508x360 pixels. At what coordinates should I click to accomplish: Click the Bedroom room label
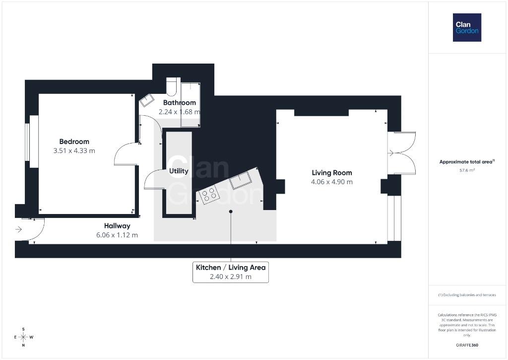pos(74,142)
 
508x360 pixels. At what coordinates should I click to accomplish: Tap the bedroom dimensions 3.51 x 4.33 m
pos(74,151)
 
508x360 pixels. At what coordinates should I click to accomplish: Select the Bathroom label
pos(180,103)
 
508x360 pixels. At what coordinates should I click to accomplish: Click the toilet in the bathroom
pos(171,86)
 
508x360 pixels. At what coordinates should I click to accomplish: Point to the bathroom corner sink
pos(147,100)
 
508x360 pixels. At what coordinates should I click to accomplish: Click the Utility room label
pos(179,171)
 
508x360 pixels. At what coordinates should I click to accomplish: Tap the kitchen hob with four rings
pos(209,195)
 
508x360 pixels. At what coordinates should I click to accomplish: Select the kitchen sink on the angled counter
pos(241,180)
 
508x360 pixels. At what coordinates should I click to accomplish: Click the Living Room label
pos(332,173)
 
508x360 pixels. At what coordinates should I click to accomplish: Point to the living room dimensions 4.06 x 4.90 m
pos(332,182)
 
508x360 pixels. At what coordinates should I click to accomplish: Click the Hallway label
pos(117,226)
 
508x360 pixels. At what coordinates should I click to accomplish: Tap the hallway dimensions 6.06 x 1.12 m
pos(117,235)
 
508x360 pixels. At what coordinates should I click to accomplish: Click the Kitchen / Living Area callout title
pos(231,268)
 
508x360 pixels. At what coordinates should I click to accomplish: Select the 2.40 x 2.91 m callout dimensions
pos(231,277)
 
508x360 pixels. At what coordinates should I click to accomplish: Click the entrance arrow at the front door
pos(18,229)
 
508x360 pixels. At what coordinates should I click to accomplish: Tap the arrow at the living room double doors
pos(391,153)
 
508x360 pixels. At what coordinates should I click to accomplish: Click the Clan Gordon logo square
pos(467,28)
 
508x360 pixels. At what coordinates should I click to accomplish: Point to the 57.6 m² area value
pos(467,170)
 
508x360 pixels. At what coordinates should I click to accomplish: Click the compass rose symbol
pos(23,337)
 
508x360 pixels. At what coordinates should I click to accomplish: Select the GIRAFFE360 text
pos(467,345)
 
